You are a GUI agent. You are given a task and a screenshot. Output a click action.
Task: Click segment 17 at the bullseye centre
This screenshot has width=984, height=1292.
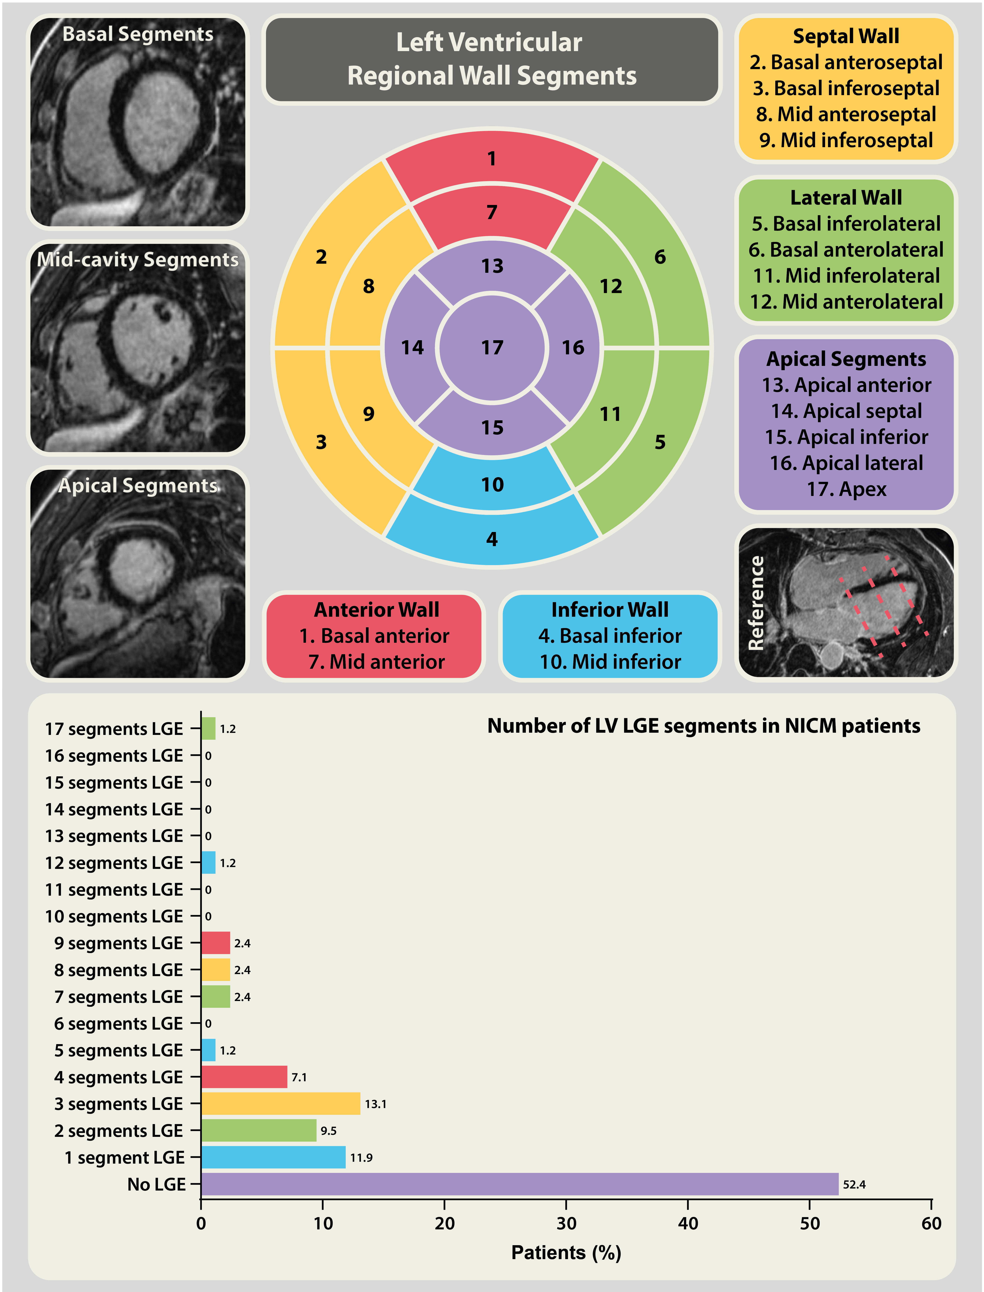[x=492, y=348]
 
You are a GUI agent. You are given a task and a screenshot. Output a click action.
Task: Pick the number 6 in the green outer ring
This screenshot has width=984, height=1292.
[x=660, y=257]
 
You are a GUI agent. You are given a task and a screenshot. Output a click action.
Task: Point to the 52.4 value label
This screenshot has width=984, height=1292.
[x=854, y=1184]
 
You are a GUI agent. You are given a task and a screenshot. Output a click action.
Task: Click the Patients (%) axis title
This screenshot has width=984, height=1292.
[x=566, y=1252]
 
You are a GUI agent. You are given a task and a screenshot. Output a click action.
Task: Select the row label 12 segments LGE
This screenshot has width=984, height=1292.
[x=114, y=863]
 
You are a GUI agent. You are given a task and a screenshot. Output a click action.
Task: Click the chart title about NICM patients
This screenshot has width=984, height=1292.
[x=704, y=726]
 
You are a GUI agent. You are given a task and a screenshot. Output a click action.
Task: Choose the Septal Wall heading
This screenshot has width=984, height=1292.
[x=846, y=36]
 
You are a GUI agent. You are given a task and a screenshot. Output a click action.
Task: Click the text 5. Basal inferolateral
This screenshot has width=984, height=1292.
[x=846, y=224]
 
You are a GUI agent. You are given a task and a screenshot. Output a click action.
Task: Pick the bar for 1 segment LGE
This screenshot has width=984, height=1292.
[x=274, y=1157]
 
